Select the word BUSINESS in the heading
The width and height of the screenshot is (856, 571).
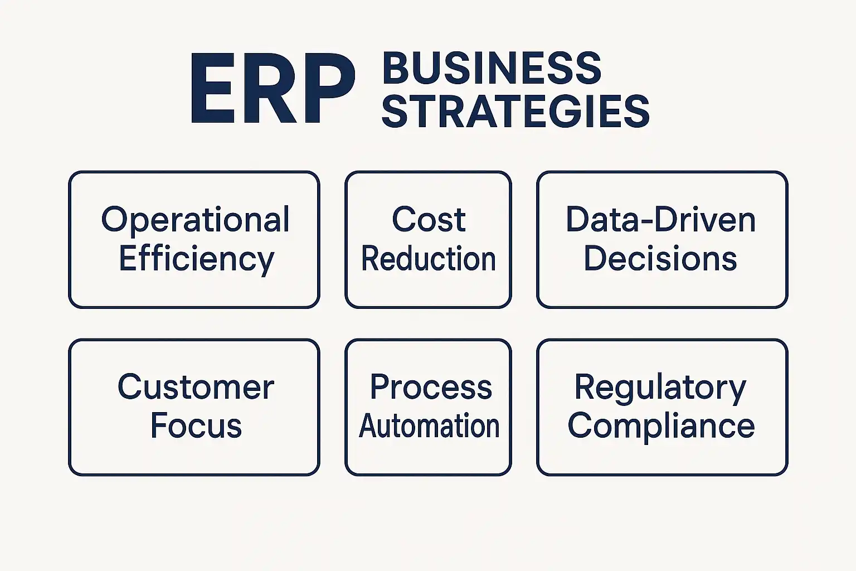[492, 69]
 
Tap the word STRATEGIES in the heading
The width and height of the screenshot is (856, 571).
[515, 111]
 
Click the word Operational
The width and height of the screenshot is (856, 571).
[195, 220]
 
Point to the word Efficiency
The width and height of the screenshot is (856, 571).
[196, 259]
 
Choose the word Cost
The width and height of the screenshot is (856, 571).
[429, 219]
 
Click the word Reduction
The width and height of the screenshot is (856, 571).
[429, 259]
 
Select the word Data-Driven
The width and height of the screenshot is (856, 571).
[661, 220]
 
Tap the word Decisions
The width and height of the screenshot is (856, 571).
[660, 259]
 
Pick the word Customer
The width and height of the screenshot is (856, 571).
[196, 387]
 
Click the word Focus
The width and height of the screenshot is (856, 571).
[196, 426]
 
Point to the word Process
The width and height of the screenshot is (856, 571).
[431, 387]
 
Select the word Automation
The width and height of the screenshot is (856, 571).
[429, 426]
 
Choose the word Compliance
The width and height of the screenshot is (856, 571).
[661, 426]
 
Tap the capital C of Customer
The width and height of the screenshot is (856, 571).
[130, 387]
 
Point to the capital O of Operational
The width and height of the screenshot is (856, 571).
[114, 219]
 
